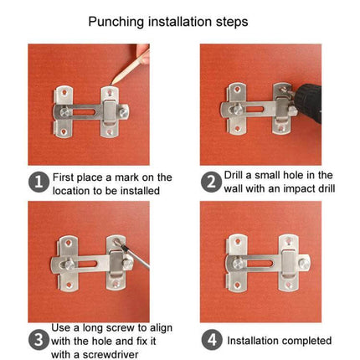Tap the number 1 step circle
click(39, 183)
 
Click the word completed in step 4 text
click(305, 341)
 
